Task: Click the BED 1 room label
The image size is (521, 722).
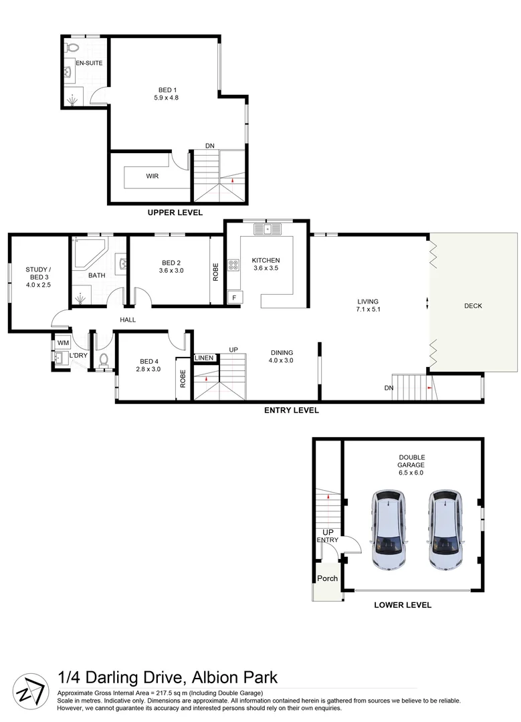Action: (x=167, y=90)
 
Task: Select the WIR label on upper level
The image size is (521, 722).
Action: (x=152, y=176)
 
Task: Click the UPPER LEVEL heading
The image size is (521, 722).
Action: (x=175, y=213)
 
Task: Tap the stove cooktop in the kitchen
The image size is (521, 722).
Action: (x=233, y=265)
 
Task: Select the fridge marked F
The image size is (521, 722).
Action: (x=235, y=296)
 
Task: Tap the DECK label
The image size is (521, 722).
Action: (x=473, y=306)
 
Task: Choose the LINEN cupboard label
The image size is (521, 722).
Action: (x=204, y=358)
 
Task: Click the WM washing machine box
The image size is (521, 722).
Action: (x=62, y=343)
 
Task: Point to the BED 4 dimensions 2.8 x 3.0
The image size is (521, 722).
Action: (x=148, y=368)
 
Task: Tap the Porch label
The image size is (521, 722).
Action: (x=327, y=578)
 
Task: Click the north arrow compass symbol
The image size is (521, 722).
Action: (x=32, y=688)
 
